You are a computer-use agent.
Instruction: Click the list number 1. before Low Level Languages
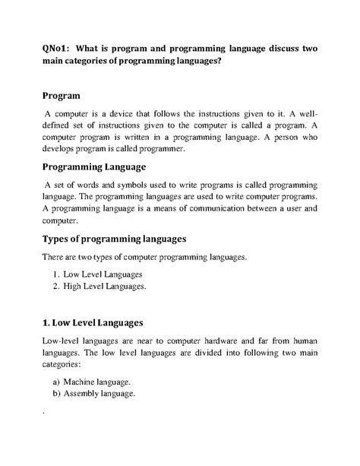[58, 274]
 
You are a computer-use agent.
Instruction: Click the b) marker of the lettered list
[57, 395]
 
